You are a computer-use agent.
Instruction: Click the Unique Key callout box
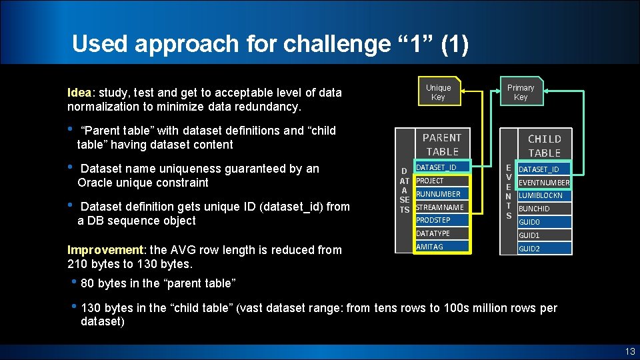(438, 93)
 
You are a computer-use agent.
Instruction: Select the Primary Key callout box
(521, 93)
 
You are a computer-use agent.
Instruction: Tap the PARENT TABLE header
(442, 145)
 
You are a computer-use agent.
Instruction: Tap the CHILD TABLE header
(544, 145)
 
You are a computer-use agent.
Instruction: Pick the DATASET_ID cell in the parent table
(442, 167)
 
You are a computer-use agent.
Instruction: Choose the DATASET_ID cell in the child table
(544, 169)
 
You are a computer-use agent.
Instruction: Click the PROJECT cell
(442, 181)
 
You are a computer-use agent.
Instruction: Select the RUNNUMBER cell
(442, 194)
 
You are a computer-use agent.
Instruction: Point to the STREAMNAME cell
(442, 207)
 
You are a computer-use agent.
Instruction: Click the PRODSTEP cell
(442, 220)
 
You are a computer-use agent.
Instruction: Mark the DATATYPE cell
(442, 233)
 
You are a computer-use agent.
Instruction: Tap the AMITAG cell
(442, 247)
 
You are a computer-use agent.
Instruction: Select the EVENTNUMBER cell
(544, 183)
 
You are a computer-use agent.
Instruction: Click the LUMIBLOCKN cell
(544, 195)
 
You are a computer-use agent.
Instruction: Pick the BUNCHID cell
(544, 209)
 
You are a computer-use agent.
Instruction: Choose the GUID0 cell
(544, 222)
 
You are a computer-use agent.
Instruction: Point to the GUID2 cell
(544, 249)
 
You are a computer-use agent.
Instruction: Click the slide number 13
(629, 351)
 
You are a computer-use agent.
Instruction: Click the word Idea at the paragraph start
(79, 93)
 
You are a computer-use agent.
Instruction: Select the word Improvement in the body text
(105, 250)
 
